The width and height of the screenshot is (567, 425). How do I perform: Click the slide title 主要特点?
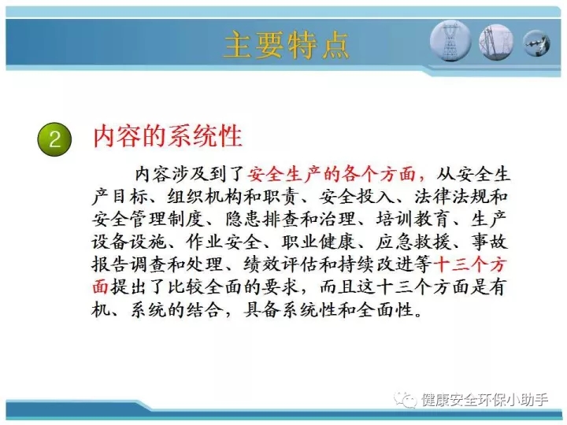[287, 45]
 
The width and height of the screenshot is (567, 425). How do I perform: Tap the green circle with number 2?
[54, 139]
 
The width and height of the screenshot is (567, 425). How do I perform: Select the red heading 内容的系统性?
[168, 137]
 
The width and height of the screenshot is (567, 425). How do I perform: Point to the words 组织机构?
[205, 197]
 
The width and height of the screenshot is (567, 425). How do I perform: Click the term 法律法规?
[452, 197]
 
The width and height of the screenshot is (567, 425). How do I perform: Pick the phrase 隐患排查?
[262, 220]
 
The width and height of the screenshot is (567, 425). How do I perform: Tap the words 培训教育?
[413, 220]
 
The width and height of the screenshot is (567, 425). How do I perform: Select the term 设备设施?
[128, 242]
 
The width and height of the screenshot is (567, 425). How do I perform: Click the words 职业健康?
[319, 242]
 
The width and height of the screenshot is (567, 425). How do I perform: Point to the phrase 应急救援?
[413, 242]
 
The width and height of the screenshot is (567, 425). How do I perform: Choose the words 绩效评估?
[280, 264]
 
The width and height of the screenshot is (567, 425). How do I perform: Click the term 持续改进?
[375, 264]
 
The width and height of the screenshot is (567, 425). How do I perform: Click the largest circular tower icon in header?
[450, 40]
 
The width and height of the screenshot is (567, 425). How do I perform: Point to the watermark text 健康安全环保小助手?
[484, 400]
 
